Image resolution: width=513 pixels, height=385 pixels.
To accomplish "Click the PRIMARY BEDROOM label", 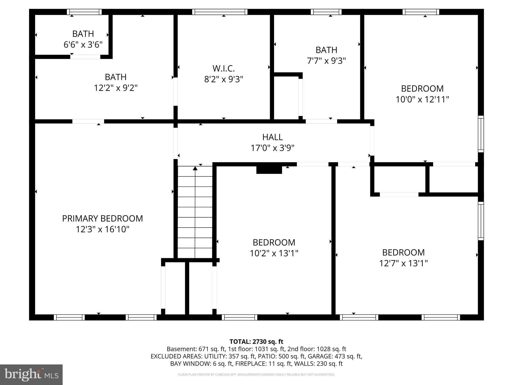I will tap(102, 218).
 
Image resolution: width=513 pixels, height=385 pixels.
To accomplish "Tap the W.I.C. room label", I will tap(224, 68).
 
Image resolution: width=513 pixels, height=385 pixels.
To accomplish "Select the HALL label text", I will tap(273, 137).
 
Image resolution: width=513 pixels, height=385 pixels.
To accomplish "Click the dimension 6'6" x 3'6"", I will tap(83, 45).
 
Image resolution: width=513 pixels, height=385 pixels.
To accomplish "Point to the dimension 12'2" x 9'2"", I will tap(116, 88).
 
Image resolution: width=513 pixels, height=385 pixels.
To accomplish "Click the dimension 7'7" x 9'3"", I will tap(326, 61).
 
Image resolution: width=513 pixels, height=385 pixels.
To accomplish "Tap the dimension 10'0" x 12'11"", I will tap(422, 100).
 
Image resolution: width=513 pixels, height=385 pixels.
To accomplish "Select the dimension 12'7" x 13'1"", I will tap(403, 263).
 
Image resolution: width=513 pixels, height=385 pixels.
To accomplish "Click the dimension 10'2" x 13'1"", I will tap(274, 253).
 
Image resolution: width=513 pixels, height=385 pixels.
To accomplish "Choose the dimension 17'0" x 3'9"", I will tap(273, 148).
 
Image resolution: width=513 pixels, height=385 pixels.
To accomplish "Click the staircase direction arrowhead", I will tap(195, 168).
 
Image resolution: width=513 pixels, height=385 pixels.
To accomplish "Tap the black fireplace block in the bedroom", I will tap(269, 170).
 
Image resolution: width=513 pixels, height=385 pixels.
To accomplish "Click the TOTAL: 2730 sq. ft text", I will tap(256, 342).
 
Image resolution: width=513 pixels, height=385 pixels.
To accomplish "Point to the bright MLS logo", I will tap(31, 374).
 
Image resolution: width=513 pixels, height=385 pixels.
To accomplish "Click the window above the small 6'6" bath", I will tap(84, 12).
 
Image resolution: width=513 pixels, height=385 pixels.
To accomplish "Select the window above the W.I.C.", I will tap(220, 12).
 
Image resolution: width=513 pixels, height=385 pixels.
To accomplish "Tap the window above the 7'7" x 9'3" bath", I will tap(326, 12).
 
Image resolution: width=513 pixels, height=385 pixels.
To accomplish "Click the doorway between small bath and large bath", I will tap(85, 57).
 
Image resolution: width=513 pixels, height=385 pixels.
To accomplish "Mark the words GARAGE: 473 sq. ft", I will tap(335, 356).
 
